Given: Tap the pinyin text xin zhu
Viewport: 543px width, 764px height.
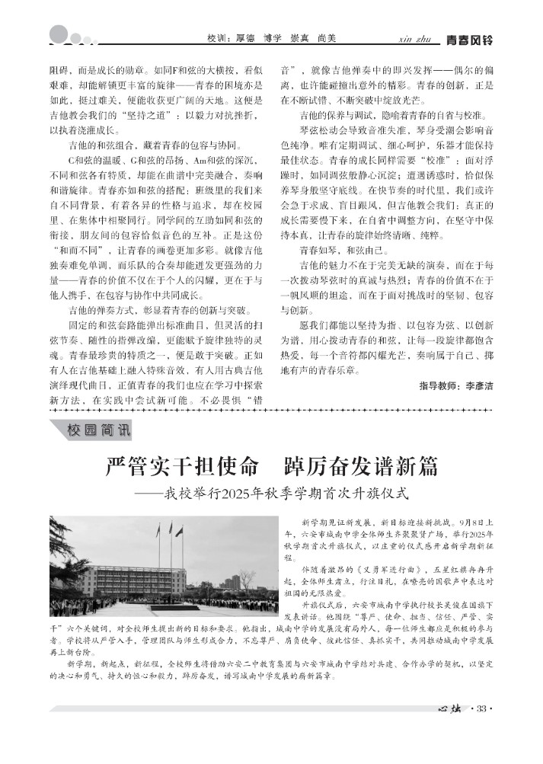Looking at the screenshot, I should [414, 38].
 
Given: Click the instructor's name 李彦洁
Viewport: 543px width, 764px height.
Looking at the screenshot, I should [479, 386].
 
